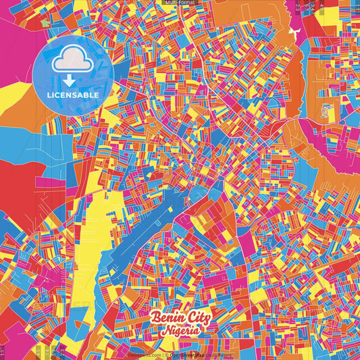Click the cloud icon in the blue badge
pos(72,60)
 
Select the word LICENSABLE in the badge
pos(72,95)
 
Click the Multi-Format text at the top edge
pos(180,3)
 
